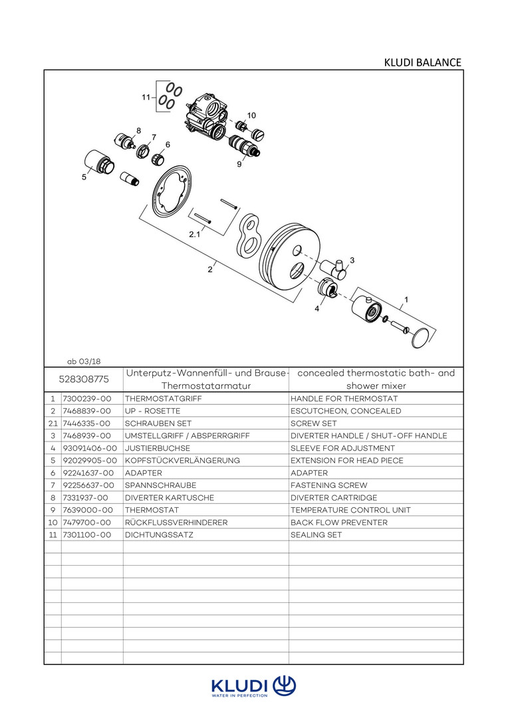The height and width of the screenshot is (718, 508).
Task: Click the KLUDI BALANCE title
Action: pyautogui.click(x=422, y=62)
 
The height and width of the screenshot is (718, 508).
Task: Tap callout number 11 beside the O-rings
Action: pyautogui.click(x=146, y=97)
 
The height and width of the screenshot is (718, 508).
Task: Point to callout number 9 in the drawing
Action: pyautogui.click(x=239, y=164)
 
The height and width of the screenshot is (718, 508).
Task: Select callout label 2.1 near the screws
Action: pyautogui.click(x=194, y=235)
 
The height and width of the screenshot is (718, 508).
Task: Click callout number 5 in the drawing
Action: pyautogui.click(x=84, y=177)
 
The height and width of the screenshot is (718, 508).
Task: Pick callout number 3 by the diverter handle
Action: pyautogui.click(x=352, y=260)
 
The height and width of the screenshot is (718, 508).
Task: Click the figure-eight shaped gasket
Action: pyautogui.click(x=249, y=237)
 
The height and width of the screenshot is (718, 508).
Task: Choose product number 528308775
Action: pyautogui.click(x=84, y=379)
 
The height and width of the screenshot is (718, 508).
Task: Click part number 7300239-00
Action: pyautogui.click(x=86, y=399)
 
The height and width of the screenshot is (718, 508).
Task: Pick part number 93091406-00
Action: pyautogui.click(x=90, y=448)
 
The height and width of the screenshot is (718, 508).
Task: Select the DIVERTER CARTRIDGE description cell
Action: pyautogui.click(x=334, y=498)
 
